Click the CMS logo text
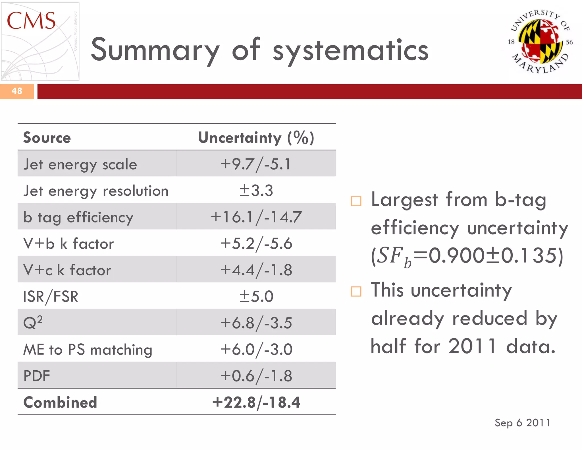click(31, 21)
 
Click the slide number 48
click(17, 91)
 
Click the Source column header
click(47, 138)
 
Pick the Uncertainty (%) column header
click(256, 138)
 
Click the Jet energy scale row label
click(80, 164)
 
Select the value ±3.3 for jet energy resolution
click(256, 191)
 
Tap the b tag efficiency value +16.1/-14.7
click(256, 217)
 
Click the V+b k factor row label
click(68, 244)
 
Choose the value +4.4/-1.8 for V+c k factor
click(256, 270)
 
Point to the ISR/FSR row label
click(51, 296)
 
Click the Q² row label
click(33, 323)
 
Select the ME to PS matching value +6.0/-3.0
click(256, 349)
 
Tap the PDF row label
click(37, 376)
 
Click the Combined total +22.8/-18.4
click(256, 402)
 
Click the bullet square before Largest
click(356, 201)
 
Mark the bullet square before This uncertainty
click(356, 291)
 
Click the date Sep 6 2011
click(522, 423)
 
